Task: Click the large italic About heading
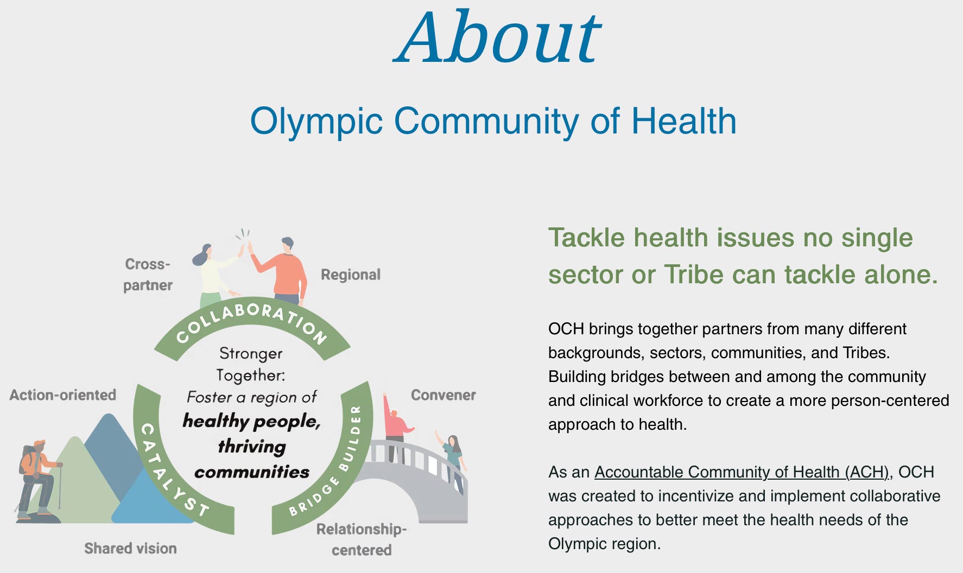(x=497, y=37)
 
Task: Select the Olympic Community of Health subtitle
(x=493, y=121)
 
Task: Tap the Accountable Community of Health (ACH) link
(x=742, y=472)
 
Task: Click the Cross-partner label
(x=148, y=275)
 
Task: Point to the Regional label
(x=351, y=275)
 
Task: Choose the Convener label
(x=443, y=395)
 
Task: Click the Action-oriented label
(x=63, y=395)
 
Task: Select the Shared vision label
(x=130, y=549)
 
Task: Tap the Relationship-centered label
(x=362, y=539)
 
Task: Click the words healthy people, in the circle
(x=252, y=421)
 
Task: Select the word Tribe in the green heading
(x=694, y=275)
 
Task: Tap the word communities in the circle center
(x=252, y=472)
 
